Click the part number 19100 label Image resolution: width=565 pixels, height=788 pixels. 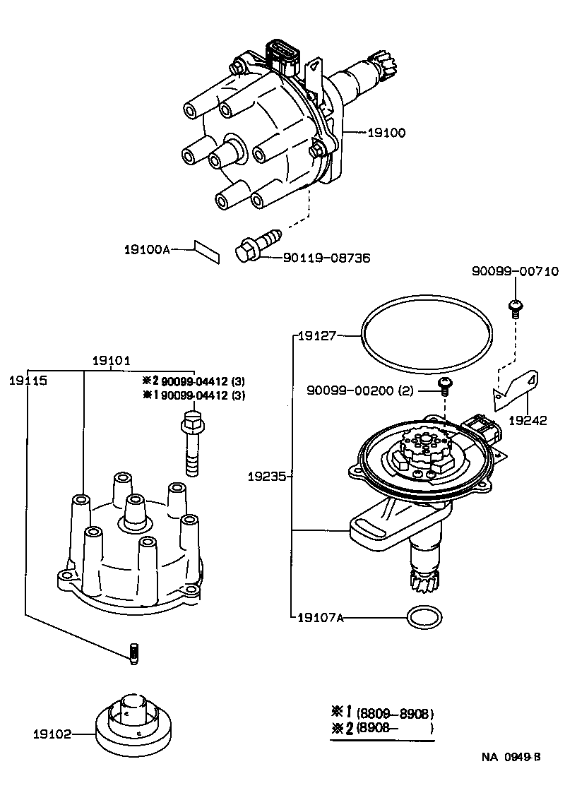(386, 132)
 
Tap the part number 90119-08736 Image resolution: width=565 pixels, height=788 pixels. (326, 258)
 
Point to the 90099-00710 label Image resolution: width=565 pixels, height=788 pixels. (516, 271)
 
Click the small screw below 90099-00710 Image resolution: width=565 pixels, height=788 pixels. (515, 307)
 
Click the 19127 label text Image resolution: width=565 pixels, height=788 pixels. (316, 336)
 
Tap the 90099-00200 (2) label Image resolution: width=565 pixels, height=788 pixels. (359, 390)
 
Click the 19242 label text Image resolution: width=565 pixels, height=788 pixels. (528, 420)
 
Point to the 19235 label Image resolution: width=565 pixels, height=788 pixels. (266, 477)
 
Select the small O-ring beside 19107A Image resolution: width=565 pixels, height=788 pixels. (422, 618)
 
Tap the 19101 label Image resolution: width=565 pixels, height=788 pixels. (112, 360)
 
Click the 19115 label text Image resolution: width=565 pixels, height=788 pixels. (28, 380)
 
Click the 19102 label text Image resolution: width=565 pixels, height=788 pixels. (52, 734)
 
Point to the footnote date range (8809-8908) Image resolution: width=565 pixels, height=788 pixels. (395, 713)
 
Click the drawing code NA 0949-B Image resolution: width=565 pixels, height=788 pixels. (511, 758)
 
